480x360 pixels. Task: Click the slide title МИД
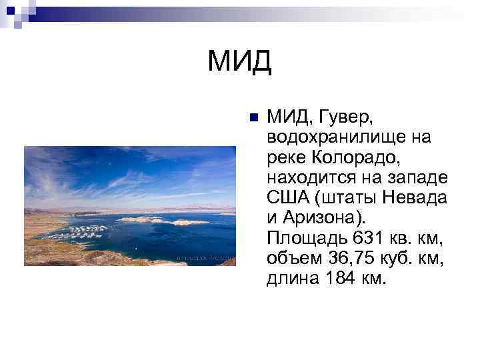tap(239, 62)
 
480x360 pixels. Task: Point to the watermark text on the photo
tap(204, 257)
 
